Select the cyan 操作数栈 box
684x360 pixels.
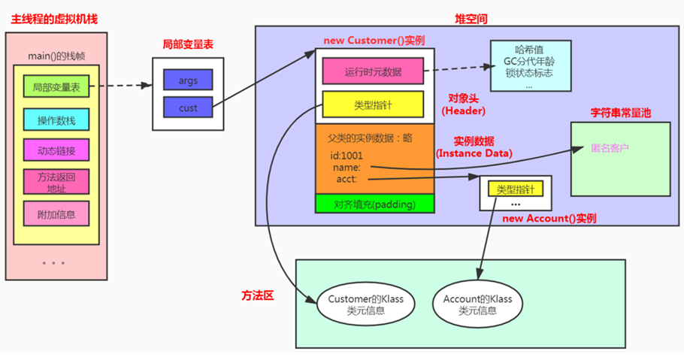tap(56, 119)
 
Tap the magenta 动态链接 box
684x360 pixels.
tap(56, 150)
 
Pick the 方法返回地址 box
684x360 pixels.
tap(56, 182)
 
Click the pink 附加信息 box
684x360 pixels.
tap(56, 214)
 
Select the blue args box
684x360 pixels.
tap(188, 79)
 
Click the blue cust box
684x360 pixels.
tap(188, 107)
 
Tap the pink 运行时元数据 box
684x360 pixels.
tap(373, 72)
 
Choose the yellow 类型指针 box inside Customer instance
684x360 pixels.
tap(373, 104)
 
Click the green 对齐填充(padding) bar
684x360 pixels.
tap(374, 204)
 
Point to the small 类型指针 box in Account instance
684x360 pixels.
tap(515, 188)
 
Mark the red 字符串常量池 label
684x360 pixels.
tap(620, 112)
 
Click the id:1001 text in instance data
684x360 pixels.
tap(346, 156)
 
